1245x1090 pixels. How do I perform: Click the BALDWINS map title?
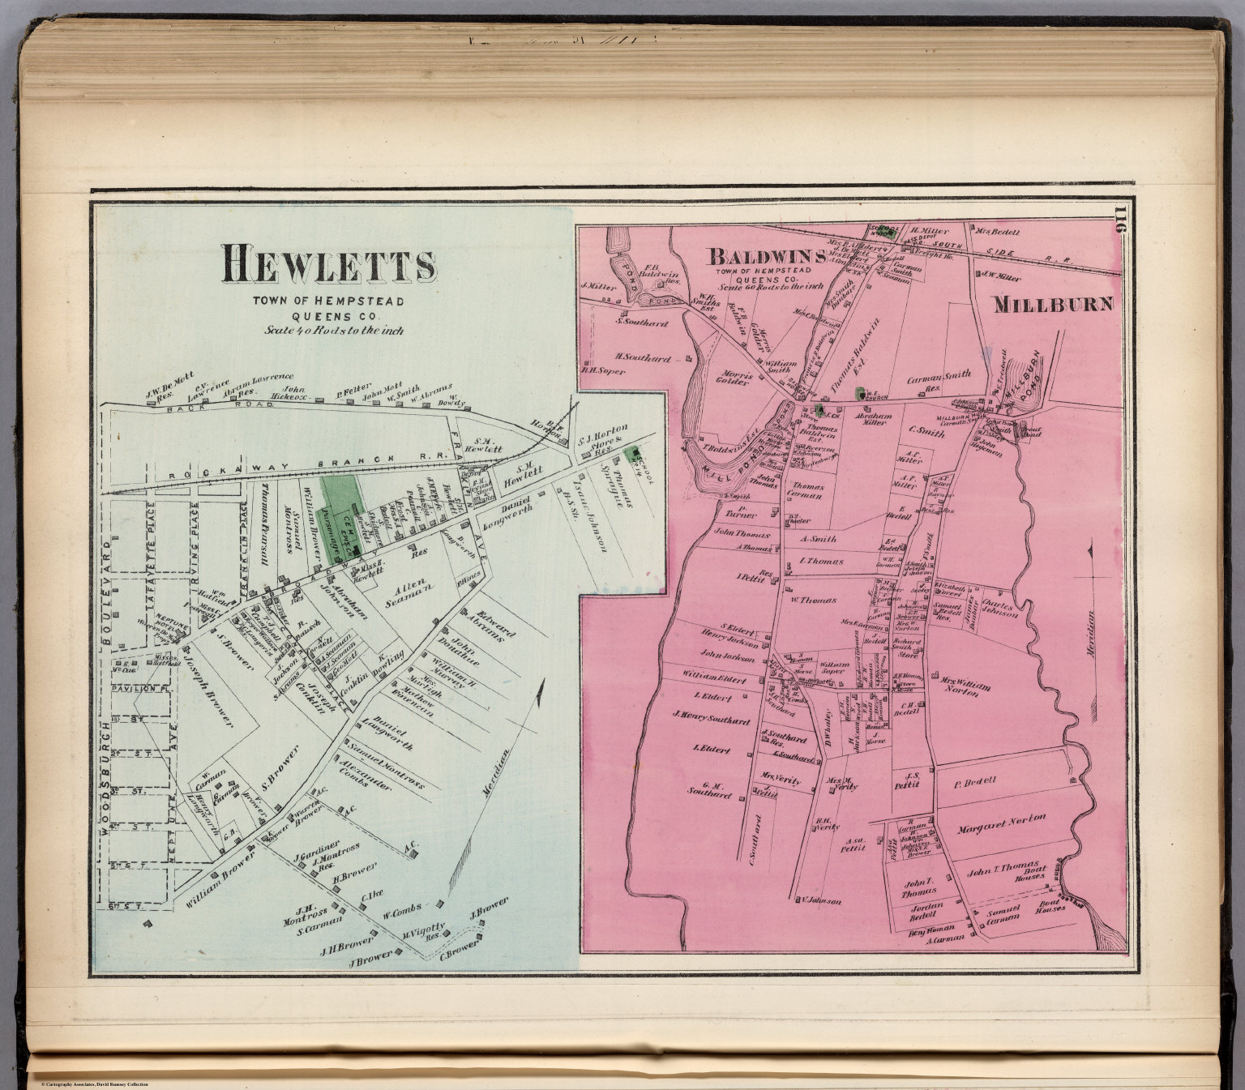(766, 257)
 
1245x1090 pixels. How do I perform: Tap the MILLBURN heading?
(1053, 305)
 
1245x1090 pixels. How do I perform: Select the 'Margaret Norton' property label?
(1001, 825)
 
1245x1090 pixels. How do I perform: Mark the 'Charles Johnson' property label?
(1000, 608)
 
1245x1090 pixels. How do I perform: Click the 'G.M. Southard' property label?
(709, 790)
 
